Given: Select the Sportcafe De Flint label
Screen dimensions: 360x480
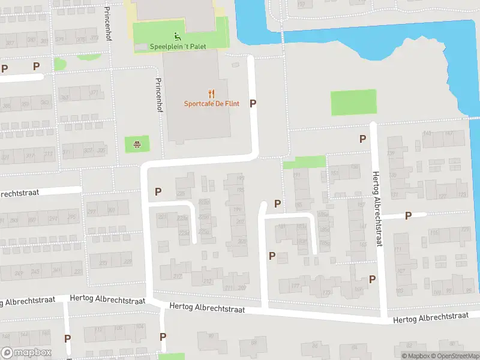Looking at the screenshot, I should click(211, 104).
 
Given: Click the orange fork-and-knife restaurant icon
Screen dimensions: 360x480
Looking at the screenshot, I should click(211, 94).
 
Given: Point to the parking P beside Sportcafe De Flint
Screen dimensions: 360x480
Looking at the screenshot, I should click(253, 103).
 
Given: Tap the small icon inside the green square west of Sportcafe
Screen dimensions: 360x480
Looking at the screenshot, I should click(137, 144).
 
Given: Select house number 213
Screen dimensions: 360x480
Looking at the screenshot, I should click(208, 281).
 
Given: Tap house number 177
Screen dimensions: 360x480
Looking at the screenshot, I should click(295, 287).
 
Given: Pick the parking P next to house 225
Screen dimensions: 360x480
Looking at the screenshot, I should click(158, 192).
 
